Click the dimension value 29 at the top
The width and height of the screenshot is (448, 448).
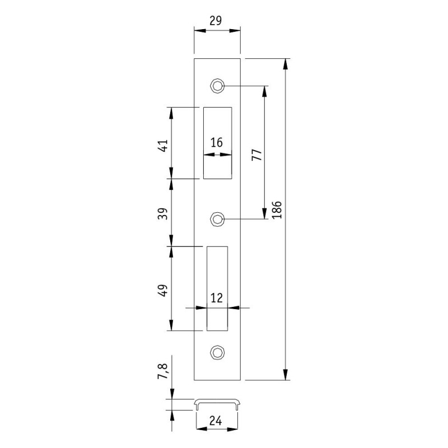click(216, 21)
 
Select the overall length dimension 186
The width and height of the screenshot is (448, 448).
click(277, 210)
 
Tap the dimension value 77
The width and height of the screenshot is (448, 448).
click(256, 155)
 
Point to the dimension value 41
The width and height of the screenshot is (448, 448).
click(163, 146)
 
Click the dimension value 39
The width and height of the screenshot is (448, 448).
click(163, 213)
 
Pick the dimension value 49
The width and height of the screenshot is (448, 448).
click(163, 291)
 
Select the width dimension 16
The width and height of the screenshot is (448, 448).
click(217, 142)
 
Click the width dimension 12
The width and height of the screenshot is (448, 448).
click(217, 298)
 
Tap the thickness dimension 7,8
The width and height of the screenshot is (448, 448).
click(164, 371)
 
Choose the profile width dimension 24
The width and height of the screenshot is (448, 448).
click(216, 421)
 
